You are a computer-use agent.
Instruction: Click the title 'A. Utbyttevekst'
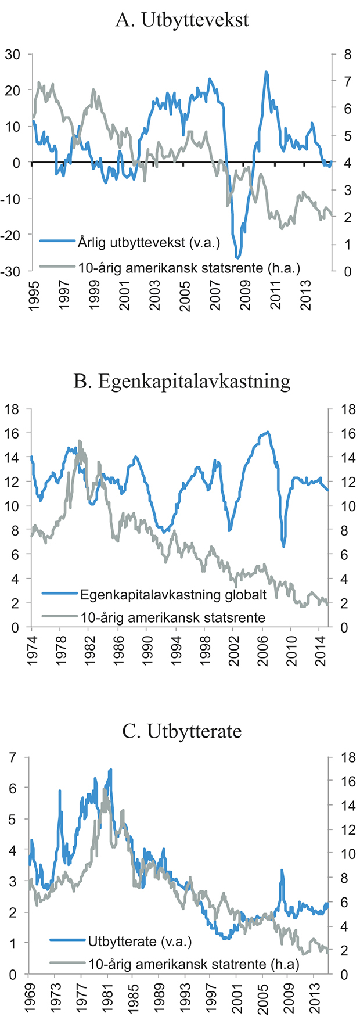[x=182, y=20]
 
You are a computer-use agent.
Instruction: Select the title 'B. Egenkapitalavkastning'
[x=182, y=381]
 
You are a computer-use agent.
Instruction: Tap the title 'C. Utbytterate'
[x=182, y=731]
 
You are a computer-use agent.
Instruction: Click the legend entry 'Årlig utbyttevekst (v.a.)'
[x=149, y=242]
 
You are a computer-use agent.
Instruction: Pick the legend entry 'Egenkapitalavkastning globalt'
[x=173, y=595]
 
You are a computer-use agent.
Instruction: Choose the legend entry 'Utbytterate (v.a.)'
[x=139, y=942]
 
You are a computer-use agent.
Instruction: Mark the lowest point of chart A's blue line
[x=237, y=257]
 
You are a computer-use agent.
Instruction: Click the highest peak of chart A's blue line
[x=266, y=72]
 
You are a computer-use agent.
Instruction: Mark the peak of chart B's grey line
[x=80, y=441]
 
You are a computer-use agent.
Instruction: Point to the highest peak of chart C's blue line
[x=110, y=769]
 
